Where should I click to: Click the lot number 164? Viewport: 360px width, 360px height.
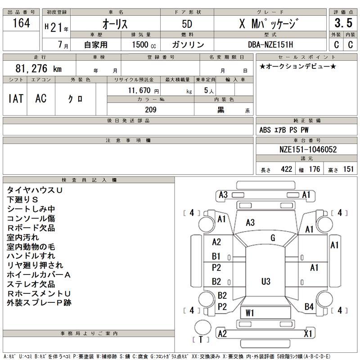21,24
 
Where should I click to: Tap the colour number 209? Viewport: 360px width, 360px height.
150,109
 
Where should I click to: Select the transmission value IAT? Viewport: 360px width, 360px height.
16,99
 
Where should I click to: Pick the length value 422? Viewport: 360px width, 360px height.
286,169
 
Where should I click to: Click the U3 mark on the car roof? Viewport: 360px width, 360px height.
266,281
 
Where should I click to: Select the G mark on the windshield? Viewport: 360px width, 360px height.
273,238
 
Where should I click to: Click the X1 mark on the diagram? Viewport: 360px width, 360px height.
308,333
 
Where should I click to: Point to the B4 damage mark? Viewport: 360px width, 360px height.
309,307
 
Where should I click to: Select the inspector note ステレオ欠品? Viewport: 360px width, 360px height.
31,284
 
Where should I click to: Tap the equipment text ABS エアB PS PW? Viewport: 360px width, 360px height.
284,130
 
